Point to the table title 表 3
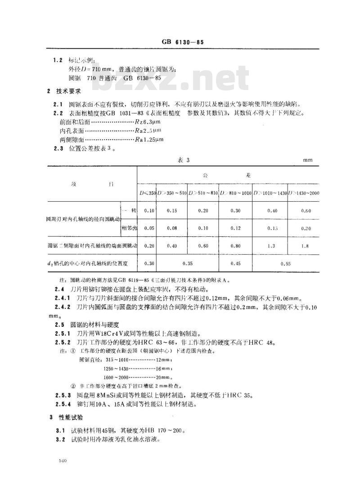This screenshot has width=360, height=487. pos(182,160)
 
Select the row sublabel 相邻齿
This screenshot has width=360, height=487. pos(129,228)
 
